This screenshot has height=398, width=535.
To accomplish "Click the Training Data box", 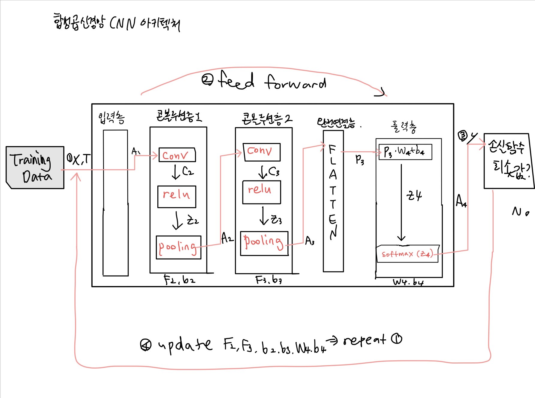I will tap(35, 167).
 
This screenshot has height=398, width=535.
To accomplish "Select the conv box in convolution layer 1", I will tap(177, 155).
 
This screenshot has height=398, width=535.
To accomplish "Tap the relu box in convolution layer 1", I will tap(177, 196).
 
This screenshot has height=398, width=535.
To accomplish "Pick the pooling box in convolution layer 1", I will tap(178, 247).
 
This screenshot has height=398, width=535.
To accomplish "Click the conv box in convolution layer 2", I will tap(261, 152).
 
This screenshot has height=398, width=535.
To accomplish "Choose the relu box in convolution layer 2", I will tap(261, 192).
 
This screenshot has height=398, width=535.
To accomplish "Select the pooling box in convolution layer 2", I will tap(264, 243).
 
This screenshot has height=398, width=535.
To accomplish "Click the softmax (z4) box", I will tap(407, 254).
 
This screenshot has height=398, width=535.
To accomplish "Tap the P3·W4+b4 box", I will tap(405, 152).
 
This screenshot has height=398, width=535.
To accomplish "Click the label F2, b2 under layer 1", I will tap(180, 280).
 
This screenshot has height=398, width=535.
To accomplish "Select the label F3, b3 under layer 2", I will tap(269, 280).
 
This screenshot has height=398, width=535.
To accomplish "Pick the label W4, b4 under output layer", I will tap(408, 282).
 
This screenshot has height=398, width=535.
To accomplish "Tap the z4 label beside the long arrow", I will tap(414, 196).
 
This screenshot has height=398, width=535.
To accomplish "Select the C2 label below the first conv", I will tap(188, 171).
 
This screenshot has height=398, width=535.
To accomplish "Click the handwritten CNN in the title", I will tap(123, 23).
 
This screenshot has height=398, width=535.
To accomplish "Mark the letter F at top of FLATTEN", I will tap(332, 149).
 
